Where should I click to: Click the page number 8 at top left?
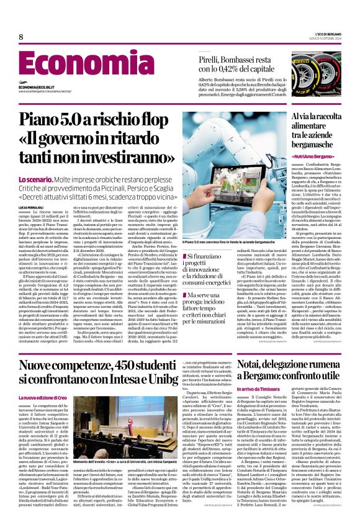click(21, 37)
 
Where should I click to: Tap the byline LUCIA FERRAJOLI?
click(32, 207)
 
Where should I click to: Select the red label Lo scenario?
click(35, 179)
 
